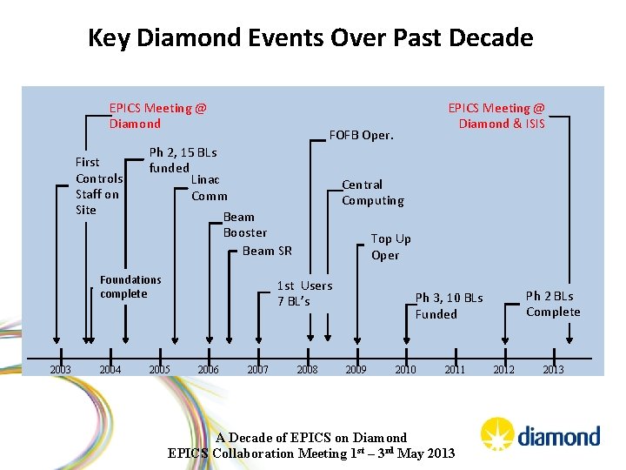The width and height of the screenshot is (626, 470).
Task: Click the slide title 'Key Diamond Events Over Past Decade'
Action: tap(310, 38)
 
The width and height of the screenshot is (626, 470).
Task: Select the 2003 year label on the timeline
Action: tap(60, 369)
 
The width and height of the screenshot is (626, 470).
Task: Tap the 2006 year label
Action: tap(208, 369)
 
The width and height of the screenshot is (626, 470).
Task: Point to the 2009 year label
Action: tap(356, 369)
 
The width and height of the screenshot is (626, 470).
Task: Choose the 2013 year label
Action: tap(553, 369)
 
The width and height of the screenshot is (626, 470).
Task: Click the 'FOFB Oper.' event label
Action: tap(361, 135)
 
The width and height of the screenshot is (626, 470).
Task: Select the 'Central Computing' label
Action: tap(372, 192)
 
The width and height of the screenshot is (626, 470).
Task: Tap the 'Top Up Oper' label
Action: tap(390, 246)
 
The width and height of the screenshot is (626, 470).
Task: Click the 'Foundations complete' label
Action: tap(130, 286)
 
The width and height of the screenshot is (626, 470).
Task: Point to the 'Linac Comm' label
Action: tap(208, 187)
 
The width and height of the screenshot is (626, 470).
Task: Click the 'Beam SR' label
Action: tap(267, 251)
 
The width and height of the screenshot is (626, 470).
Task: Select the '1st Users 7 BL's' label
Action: tap(303, 293)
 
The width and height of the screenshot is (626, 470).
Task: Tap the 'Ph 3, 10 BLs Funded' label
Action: tap(448, 305)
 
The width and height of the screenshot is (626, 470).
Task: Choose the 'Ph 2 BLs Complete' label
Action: tap(552, 304)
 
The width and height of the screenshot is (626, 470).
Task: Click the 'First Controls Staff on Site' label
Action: tap(98, 185)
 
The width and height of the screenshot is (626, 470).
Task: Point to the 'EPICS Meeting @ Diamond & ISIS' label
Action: tap(496, 116)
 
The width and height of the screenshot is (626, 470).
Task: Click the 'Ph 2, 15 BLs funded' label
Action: tap(183, 159)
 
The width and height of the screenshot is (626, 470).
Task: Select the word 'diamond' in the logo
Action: tap(558, 436)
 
